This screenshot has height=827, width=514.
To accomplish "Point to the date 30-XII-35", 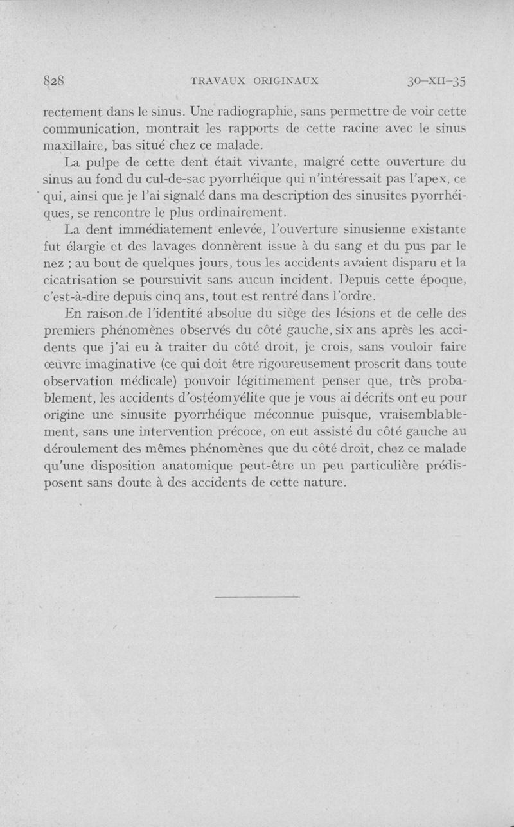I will [x=436, y=82].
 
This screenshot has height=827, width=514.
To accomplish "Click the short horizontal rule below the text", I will [x=257, y=598].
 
